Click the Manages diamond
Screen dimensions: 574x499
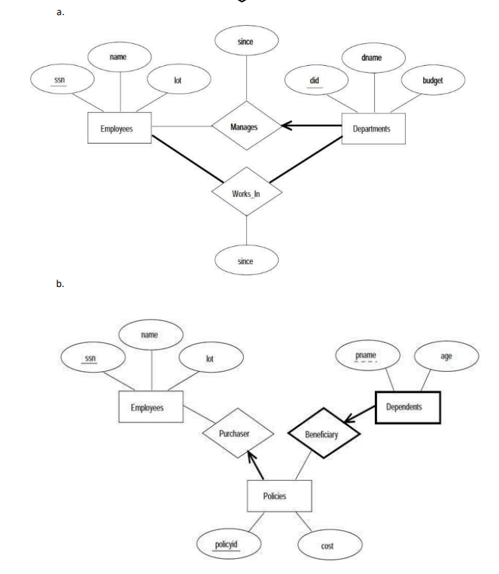coord(245,127)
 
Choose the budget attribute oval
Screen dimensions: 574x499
coord(432,79)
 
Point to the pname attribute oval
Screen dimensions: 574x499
coord(366,354)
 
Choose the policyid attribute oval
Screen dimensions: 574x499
coord(226,544)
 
